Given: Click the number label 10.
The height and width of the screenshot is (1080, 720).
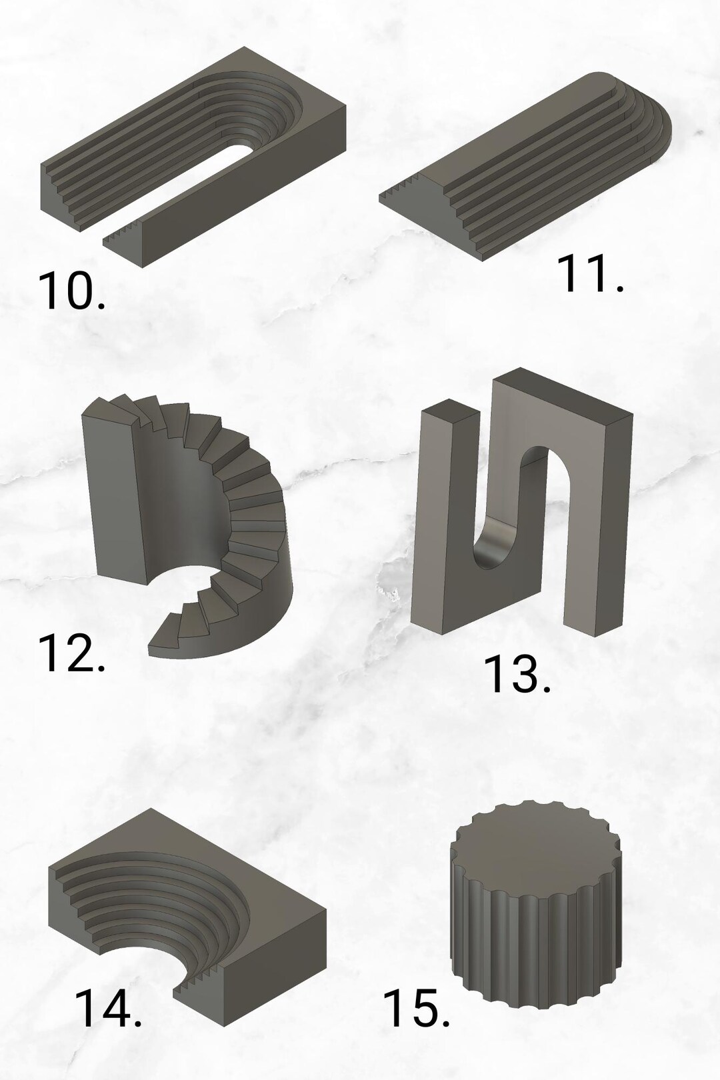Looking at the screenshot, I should [71, 291].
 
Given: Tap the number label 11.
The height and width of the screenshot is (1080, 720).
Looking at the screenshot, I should [589, 274].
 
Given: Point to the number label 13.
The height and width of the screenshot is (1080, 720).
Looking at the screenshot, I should [517, 674].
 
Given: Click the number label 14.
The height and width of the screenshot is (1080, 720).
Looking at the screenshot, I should [107, 1009].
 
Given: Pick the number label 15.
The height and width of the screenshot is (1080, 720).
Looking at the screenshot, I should [417, 1009].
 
